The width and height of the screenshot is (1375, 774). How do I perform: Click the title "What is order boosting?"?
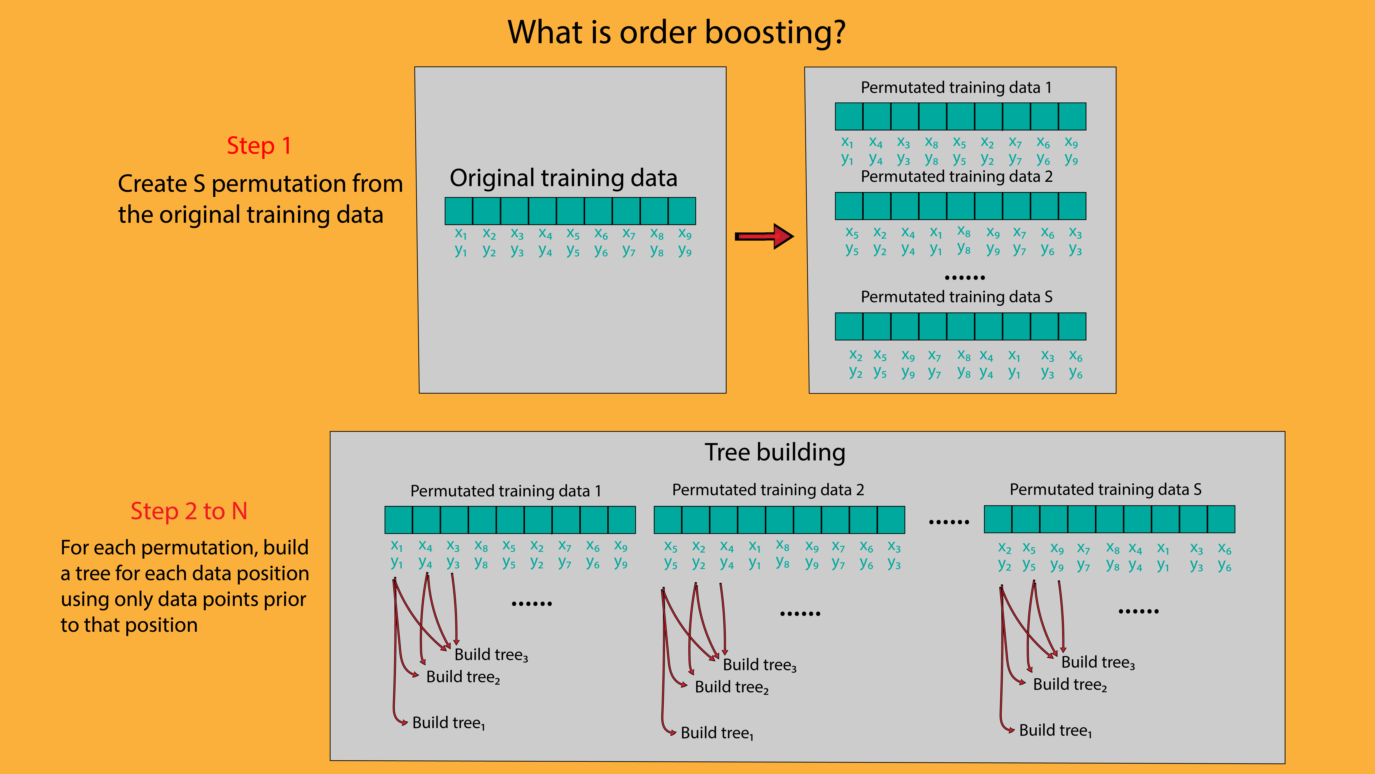pos(676,32)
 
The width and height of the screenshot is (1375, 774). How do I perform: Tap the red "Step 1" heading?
pos(259,146)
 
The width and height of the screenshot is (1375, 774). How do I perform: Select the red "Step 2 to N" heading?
pos(189,511)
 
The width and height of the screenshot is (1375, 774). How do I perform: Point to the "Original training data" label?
pos(563,178)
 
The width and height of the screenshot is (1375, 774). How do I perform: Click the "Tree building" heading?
pos(774,452)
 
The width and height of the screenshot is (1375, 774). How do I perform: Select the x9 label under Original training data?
pos(685,234)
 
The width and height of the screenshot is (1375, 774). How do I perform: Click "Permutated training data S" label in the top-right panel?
pos(956,297)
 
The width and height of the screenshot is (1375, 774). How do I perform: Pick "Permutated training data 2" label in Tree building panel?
pos(768,490)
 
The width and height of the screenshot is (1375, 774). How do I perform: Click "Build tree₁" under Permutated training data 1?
pos(448,723)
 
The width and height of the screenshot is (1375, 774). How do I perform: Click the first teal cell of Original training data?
pos(459,211)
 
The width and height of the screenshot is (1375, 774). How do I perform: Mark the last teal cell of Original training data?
pos(682,211)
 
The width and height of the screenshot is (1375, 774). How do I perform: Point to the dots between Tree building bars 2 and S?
pos(949,522)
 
